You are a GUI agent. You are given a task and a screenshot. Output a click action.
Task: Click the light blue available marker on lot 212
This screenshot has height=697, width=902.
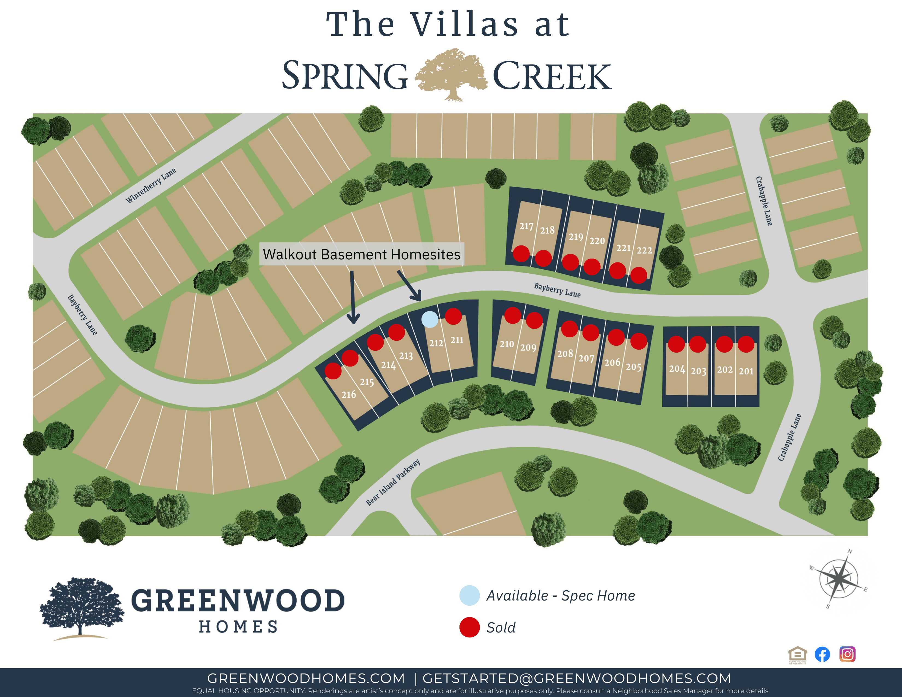click(429, 320)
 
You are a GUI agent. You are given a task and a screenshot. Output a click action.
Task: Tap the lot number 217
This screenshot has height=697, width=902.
click(526, 226)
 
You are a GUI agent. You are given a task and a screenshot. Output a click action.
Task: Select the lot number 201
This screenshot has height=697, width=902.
click(746, 371)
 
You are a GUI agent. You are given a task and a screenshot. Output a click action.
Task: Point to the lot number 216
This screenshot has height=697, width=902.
click(348, 395)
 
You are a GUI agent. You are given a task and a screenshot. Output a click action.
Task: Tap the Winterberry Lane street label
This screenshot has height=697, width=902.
click(151, 185)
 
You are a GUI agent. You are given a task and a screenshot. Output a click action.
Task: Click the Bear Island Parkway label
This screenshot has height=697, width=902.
click(393, 482)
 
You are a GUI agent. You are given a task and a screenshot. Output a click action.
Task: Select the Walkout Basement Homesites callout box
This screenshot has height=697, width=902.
click(362, 254)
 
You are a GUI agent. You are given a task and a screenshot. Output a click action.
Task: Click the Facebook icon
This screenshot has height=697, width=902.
click(822, 654)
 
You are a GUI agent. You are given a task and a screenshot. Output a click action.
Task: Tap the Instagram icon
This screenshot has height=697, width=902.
click(847, 654)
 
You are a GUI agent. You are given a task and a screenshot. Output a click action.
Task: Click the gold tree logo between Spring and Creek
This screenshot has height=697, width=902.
click(451, 74)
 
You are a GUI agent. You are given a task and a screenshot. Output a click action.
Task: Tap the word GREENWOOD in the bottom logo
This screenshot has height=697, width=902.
click(238, 601)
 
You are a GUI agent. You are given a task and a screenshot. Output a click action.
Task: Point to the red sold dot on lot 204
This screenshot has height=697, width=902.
click(676, 344)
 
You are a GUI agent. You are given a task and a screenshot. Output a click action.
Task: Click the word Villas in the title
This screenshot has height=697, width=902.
click(464, 25)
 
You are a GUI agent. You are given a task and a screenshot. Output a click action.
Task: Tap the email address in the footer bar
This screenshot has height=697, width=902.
click(576, 678)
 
